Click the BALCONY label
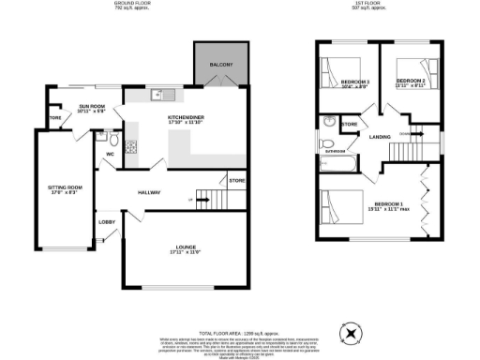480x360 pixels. click(221, 64)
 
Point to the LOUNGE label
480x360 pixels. click(186, 247)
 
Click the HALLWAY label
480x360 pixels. click(148, 192)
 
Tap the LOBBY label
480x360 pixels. click(107, 222)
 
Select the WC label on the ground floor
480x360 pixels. click(110, 153)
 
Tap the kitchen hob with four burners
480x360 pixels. click(131, 145)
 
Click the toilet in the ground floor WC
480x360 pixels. click(101, 135)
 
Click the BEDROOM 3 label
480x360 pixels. click(356, 82)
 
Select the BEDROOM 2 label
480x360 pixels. click(411, 82)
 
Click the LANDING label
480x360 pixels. click(381, 138)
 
